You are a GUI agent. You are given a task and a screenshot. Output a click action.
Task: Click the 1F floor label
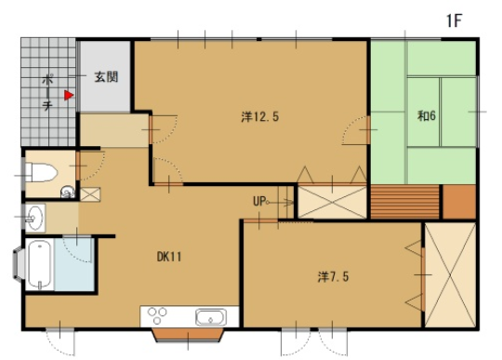coord(454,21)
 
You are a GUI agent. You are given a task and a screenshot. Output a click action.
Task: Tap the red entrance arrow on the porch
coord(69,95)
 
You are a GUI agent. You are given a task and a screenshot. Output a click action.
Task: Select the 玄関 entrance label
coord(106,77)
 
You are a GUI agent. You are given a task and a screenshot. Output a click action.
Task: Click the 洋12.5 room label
coord(260,117)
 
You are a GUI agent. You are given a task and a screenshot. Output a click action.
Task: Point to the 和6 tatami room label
coord(427,115)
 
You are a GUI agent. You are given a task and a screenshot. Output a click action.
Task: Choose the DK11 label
coord(169,257)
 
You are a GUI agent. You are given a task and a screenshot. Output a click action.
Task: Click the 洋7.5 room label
coord(333,276)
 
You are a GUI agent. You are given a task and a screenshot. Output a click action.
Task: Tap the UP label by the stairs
coord(259,202)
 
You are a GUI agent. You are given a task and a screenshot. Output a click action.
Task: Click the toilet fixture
coord(41,173)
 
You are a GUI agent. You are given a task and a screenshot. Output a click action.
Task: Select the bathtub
coord(40,264)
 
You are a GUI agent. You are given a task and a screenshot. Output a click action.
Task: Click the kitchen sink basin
coord(210,317)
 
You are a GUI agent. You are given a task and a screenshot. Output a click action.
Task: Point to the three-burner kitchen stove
coord(157,315)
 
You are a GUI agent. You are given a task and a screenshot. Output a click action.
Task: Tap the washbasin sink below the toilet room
coord(34,217)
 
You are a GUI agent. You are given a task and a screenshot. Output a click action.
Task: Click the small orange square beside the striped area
coord(459,202)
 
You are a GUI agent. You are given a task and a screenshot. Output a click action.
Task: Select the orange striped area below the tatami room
coord(404,202)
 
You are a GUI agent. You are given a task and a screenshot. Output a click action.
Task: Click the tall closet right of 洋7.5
coord(450,274)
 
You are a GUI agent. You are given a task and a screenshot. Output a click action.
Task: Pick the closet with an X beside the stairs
coord(332,203)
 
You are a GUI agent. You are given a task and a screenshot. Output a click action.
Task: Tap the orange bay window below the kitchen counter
coord(188,335)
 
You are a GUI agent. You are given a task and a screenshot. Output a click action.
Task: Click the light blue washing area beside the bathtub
coord(74,264)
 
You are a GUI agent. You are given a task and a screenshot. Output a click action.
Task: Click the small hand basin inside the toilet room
coord(67,192)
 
